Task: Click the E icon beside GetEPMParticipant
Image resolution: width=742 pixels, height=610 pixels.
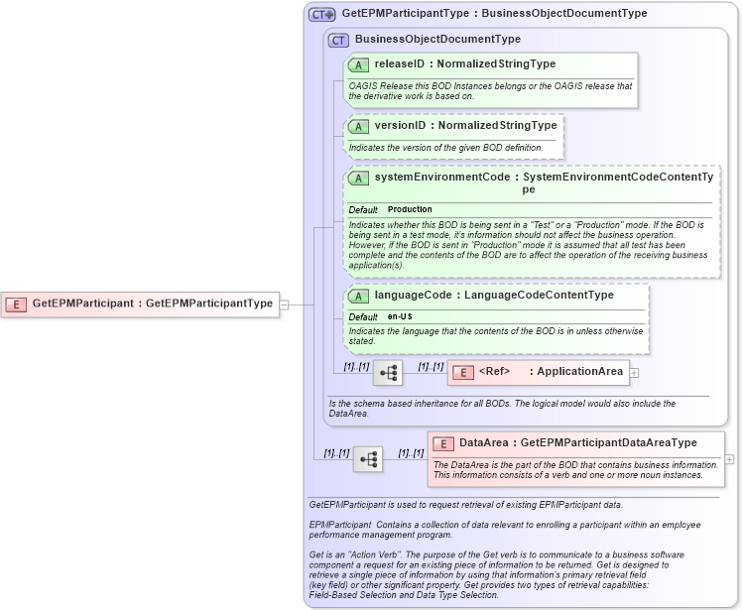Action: coord(16,304)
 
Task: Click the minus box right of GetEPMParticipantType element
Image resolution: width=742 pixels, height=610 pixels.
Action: coord(284,305)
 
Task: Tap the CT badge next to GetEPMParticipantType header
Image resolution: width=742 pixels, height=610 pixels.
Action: coord(321,14)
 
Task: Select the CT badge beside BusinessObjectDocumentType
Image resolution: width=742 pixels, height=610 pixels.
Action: coord(339,40)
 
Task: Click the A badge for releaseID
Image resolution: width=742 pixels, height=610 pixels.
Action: coord(358,64)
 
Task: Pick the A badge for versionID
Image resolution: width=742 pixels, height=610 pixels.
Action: coord(358,126)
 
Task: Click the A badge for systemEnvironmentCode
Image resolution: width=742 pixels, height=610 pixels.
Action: coord(358,178)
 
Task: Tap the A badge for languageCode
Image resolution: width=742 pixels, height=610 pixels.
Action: coord(358,296)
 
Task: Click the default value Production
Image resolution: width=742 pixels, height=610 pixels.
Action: coord(410,210)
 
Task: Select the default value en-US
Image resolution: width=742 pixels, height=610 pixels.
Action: coord(400,316)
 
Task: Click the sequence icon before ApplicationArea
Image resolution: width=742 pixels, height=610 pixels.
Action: coord(388,373)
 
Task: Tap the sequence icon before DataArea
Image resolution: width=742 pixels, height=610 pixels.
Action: coord(368,459)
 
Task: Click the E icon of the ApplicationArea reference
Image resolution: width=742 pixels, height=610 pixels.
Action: coord(462,372)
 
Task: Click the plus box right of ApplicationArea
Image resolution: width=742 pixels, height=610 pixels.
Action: coord(635,373)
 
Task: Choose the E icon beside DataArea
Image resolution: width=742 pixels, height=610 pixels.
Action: coord(442,443)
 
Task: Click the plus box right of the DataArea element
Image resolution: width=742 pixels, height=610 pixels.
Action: coord(730,459)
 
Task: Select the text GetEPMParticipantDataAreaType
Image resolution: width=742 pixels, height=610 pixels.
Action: coord(608,443)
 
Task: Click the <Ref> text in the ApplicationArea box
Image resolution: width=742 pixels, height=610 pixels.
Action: coord(494,372)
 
